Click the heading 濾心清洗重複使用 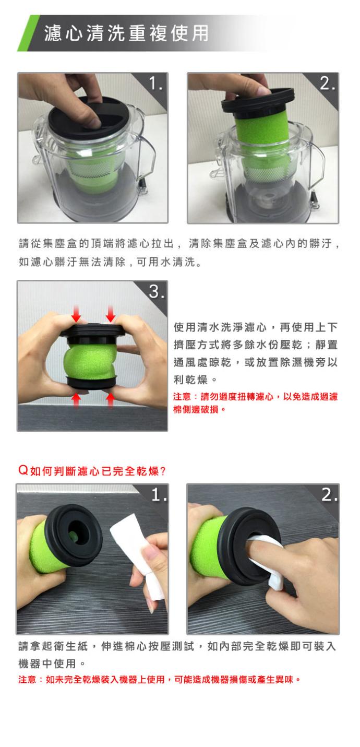(126, 33)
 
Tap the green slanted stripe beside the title (28, 33)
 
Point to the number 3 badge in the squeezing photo (157, 291)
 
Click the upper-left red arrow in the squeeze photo (76, 314)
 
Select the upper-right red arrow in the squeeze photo (110, 314)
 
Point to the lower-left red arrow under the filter (76, 399)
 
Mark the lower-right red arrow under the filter (110, 399)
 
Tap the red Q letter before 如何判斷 (23, 470)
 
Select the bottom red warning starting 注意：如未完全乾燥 (160, 680)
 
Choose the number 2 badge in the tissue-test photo (329, 494)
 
